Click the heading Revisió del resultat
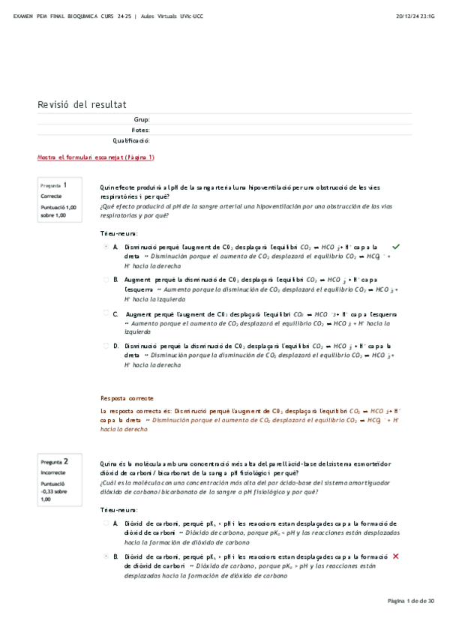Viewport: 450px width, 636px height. tap(82, 104)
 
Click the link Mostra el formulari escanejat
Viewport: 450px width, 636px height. tap(96, 157)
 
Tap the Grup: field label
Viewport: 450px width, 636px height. tap(142, 119)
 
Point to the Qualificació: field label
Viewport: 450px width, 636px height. tap(131, 140)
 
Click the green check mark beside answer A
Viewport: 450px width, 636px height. tap(396, 246)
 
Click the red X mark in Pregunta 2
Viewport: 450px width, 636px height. tap(395, 556)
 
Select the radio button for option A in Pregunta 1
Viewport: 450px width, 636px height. tap(106, 246)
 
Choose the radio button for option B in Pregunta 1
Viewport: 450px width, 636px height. tap(106, 279)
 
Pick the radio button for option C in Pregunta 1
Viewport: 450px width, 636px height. tap(106, 313)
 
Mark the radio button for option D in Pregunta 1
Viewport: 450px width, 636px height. tap(106, 346)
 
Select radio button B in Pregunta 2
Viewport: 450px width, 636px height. tap(106, 556)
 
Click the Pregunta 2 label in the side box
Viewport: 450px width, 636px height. tap(55, 461)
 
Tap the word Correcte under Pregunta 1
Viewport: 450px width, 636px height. tap(52, 196)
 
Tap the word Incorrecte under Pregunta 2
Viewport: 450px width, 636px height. tap(54, 473)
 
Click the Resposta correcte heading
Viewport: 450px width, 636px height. tap(127, 398)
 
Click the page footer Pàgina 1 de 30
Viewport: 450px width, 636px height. tap(411, 601)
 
